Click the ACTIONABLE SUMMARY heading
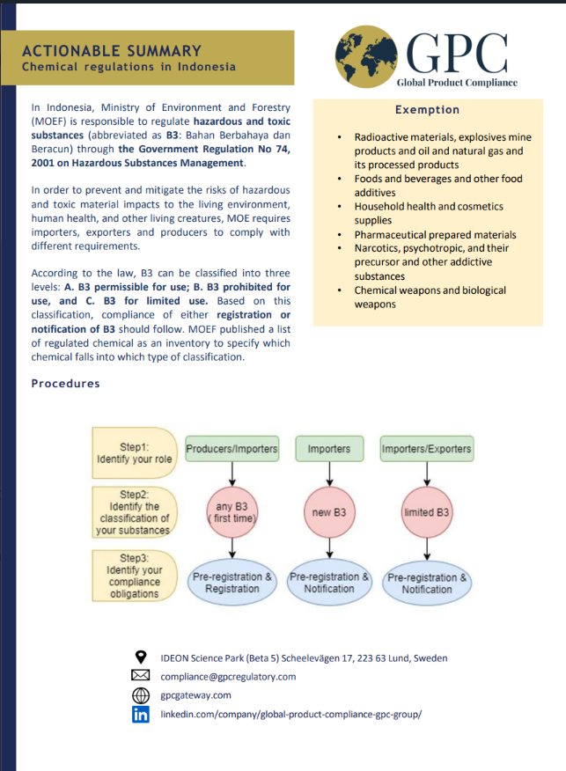112,50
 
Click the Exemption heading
427,110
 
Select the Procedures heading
65,384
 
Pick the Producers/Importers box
232,449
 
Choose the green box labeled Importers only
329,449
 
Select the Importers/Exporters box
427,449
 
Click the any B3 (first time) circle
232,512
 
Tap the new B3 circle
329,512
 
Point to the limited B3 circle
427,512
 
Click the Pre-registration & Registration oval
232,583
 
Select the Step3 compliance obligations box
135,576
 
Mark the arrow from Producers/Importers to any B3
232,473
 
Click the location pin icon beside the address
141,657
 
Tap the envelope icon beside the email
141,676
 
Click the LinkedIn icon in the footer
141,715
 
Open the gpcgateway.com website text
195,695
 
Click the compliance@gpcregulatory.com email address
228,677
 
